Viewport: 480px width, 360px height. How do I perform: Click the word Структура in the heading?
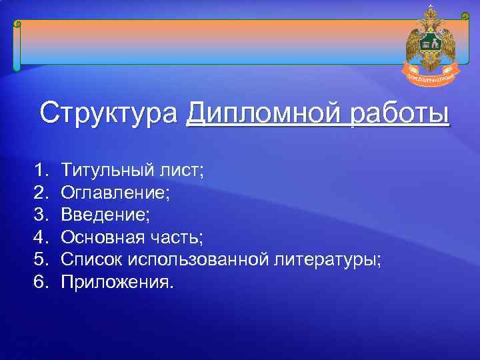(x=109, y=113)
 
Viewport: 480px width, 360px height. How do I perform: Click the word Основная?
(x=101, y=237)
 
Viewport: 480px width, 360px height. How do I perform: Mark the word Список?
(x=90, y=259)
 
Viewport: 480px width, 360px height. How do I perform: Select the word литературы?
(x=328, y=259)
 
